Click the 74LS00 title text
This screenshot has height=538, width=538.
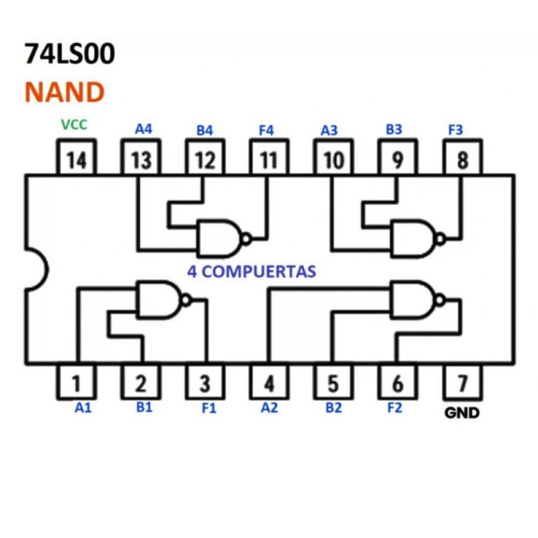[69, 54]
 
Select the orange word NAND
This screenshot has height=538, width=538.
[65, 91]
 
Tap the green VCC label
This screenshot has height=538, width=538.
[74, 124]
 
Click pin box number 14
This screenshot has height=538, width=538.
[76, 159]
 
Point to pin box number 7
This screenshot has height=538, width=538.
[463, 383]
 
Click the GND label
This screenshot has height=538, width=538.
[463, 413]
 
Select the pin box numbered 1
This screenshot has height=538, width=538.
[76, 383]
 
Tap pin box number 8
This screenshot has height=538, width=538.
[463, 159]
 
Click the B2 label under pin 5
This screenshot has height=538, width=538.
[333, 408]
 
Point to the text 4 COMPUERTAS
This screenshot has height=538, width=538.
[249, 272]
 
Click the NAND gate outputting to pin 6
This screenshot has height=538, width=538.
[414, 300]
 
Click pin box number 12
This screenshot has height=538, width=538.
[205, 159]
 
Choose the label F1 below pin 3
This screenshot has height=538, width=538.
[209, 408]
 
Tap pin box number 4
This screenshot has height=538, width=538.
[269, 383]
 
